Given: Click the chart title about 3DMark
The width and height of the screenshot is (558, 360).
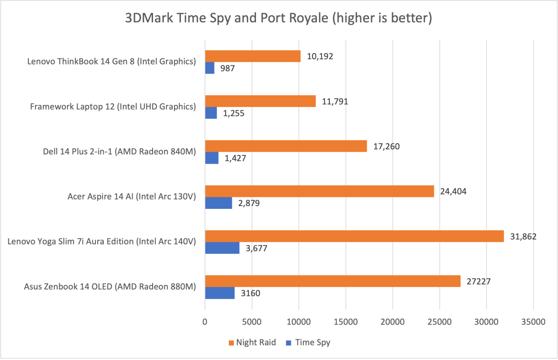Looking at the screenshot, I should click(279, 19).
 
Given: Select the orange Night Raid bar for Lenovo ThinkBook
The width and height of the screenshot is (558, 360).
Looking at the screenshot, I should click(253, 56).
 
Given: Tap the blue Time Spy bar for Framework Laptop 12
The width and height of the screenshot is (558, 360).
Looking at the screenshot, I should click(211, 113).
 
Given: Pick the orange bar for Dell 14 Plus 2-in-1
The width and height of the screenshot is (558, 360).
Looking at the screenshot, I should click(286, 147).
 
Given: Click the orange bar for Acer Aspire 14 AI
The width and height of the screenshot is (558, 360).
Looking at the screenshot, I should click(319, 191).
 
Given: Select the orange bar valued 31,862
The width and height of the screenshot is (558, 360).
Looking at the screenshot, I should click(354, 236).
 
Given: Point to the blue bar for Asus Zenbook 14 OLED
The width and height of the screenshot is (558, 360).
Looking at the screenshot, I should click(220, 293).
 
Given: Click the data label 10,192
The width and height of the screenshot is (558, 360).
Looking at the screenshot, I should click(320, 57).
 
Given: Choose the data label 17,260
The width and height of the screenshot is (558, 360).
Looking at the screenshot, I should click(386, 147).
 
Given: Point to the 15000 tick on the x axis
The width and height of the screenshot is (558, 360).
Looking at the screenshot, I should click(345, 321).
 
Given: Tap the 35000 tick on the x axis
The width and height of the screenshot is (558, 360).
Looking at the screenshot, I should click(533, 321).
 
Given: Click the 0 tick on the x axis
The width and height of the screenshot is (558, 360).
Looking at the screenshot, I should click(205, 321).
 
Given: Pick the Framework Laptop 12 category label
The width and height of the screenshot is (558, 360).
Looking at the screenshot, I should click(112, 107).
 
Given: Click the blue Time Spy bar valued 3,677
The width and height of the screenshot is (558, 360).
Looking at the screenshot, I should click(222, 247).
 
